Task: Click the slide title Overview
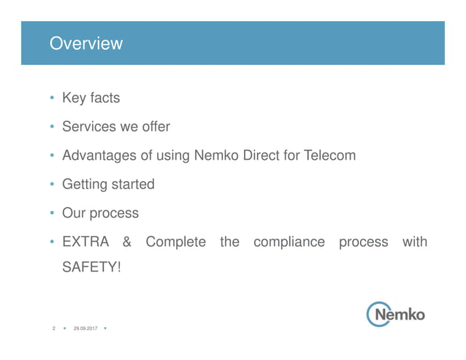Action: pos(85,44)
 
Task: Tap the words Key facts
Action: pos(91,98)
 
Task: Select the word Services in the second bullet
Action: pos(87,126)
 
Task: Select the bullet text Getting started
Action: pos(108,184)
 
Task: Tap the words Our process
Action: pos(100,213)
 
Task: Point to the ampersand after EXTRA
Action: pos(127,242)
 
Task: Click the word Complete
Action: pos(175,242)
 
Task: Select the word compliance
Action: pos(289,242)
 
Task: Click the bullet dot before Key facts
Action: pos(52,99)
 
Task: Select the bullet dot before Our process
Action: pos(52,214)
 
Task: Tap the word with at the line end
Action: pos(415,242)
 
